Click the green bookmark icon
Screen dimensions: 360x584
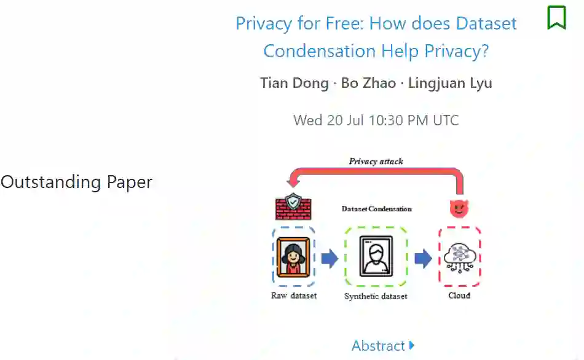(x=556, y=17)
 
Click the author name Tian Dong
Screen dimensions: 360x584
(x=294, y=83)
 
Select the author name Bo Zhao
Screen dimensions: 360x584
(x=368, y=83)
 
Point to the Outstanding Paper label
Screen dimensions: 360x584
(x=76, y=182)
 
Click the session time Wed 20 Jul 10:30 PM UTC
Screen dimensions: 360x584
(x=376, y=120)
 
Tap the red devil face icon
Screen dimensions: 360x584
(x=458, y=208)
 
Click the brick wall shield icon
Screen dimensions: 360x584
(x=293, y=206)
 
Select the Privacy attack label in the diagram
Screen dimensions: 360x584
(x=376, y=162)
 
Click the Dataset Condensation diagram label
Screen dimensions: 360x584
(x=376, y=209)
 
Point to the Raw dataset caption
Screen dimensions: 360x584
(x=294, y=296)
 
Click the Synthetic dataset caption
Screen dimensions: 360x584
(x=376, y=296)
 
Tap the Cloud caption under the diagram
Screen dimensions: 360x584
(x=459, y=296)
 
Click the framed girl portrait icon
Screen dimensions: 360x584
(x=293, y=256)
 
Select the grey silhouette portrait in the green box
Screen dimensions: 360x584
(x=376, y=256)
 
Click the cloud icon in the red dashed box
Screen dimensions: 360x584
(x=459, y=256)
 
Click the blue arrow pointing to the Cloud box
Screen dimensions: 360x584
(x=422, y=259)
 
